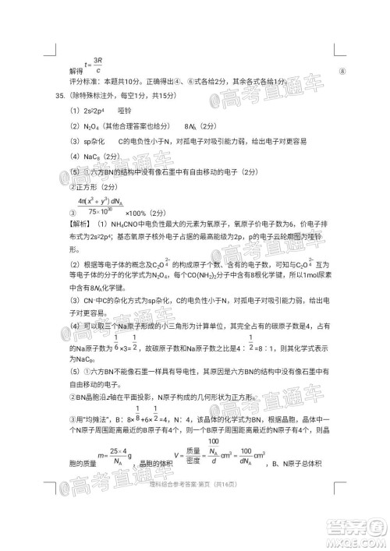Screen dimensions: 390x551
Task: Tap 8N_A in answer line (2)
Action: (192, 126)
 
